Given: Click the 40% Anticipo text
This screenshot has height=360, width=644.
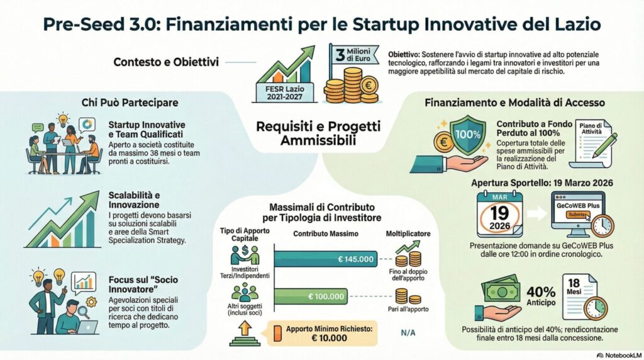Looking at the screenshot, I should [540, 298].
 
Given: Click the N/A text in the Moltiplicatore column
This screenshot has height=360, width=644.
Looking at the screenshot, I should [408, 334].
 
